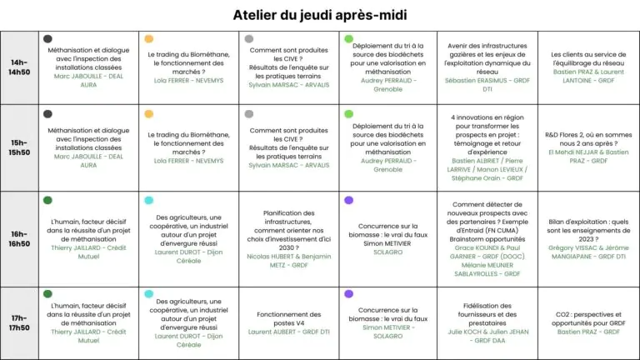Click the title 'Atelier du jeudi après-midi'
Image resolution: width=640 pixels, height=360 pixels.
(x=320, y=15)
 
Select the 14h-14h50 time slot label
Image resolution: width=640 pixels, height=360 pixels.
(x=19, y=67)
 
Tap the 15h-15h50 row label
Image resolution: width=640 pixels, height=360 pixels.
(x=19, y=147)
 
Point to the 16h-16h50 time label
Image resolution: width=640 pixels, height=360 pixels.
(x=19, y=239)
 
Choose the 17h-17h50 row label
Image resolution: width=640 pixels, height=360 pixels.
(x=19, y=322)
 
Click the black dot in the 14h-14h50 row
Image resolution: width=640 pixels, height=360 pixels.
(x=47, y=39)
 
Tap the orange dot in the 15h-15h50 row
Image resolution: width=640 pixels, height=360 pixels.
(x=149, y=114)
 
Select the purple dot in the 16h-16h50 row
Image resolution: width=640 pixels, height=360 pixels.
(x=348, y=200)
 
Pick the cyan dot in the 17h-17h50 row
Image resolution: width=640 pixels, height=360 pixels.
(x=149, y=293)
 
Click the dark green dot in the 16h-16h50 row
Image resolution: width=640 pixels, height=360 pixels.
(x=47, y=200)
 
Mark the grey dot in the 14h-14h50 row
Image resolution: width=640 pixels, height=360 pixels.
(x=249, y=39)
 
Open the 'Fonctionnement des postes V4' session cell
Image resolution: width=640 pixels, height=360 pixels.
(x=289, y=323)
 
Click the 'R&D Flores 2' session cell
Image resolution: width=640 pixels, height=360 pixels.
(x=588, y=147)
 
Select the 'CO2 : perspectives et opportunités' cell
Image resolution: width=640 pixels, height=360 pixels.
(x=588, y=323)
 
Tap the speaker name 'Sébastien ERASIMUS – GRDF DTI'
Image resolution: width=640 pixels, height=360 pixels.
(x=487, y=85)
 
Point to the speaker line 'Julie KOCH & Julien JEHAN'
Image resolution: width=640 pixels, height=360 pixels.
(x=488, y=332)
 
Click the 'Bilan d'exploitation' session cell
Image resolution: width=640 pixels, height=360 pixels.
(x=588, y=239)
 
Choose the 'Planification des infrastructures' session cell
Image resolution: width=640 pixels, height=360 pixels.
(x=289, y=239)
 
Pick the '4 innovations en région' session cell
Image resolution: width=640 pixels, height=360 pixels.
(x=487, y=147)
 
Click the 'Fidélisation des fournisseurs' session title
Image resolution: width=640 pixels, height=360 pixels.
(x=487, y=314)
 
